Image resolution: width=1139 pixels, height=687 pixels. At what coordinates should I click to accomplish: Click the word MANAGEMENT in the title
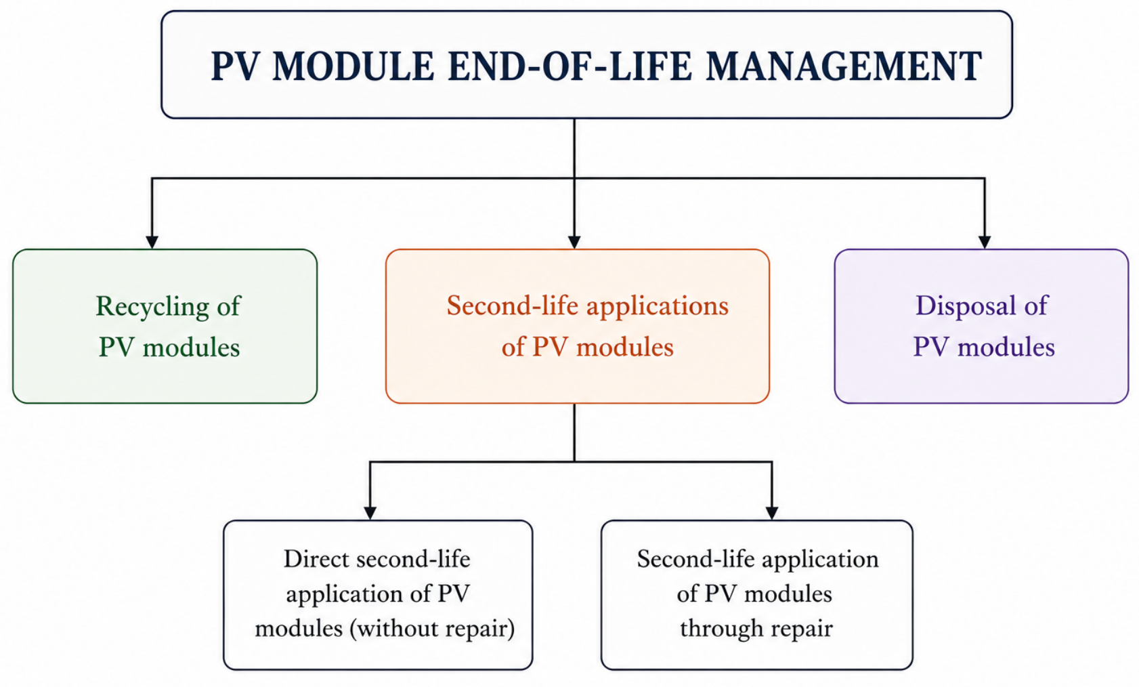pos(844,66)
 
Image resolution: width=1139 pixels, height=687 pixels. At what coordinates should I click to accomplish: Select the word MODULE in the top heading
pos(353,66)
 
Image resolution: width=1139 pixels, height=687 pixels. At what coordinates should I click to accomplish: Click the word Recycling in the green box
pos(152,307)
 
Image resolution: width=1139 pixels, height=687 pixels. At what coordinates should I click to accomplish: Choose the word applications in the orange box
pos(658,307)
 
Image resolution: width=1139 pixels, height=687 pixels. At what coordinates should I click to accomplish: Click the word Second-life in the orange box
pos(513,306)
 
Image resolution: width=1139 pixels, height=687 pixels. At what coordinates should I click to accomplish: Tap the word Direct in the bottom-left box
pos(316,559)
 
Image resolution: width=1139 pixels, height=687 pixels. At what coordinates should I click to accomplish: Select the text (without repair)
pos(432,629)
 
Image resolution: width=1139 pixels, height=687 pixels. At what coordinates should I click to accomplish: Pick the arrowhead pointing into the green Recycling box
pos(152,242)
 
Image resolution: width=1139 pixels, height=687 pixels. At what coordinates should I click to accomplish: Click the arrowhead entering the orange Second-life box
pos(574,242)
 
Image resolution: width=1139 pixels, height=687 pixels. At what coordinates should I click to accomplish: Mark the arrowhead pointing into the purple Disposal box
pos(985,242)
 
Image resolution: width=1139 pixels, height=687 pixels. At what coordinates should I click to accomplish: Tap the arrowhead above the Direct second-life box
pos(370,513)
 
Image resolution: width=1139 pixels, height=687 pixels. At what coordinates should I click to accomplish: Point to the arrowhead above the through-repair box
pos(772,513)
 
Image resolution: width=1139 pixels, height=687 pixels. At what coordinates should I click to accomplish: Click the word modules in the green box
pos(191,348)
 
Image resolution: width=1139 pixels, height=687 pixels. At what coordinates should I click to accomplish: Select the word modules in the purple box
pos(1006,348)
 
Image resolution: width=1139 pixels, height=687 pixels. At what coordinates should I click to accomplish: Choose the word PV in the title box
pos(234,66)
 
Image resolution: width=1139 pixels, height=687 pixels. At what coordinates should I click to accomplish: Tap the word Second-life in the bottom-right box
pos(695,559)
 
